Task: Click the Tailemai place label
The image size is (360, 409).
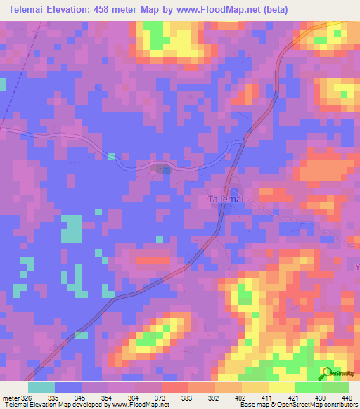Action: point(226,199)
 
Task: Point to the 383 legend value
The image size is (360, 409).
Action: point(188,397)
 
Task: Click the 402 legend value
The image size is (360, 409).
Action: point(241,397)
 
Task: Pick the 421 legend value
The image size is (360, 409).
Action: point(295,397)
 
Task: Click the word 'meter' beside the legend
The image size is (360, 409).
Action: point(8,397)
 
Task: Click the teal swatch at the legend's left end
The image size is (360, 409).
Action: point(41,387)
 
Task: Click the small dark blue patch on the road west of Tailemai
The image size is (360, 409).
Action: point(162,169)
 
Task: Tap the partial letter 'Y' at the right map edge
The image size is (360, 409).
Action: point(356,267)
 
